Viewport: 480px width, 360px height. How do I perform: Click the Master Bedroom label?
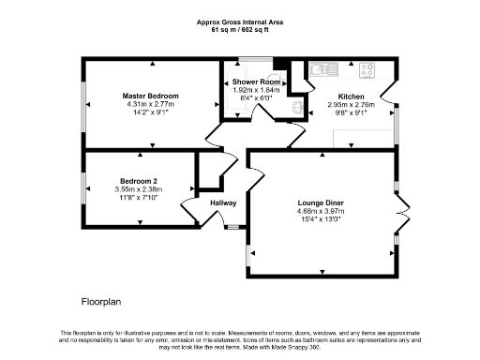150,96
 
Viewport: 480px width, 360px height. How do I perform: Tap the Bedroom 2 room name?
138,180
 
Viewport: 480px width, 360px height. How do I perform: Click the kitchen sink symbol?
320,68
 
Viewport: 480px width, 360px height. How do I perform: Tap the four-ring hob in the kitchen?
367,68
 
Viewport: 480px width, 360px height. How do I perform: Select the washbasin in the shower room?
299,107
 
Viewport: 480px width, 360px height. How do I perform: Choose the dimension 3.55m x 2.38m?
138,188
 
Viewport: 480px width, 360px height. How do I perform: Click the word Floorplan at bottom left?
101,302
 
